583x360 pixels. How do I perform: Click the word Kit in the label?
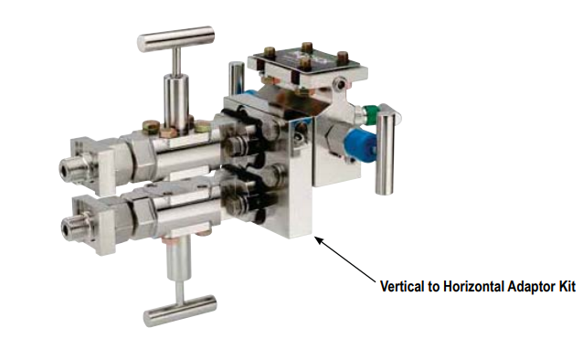pyautogui.click(x=567, y=287)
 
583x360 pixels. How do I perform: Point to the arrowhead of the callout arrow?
pyautogui.click(x=319, y=240)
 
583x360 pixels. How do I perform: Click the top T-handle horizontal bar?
pyautogui.click(x=175, y=38)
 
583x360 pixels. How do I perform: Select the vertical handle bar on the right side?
pyautogui.click(x=385, y=154)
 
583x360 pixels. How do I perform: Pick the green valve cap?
pyautogui.click(x=370, y=111)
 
